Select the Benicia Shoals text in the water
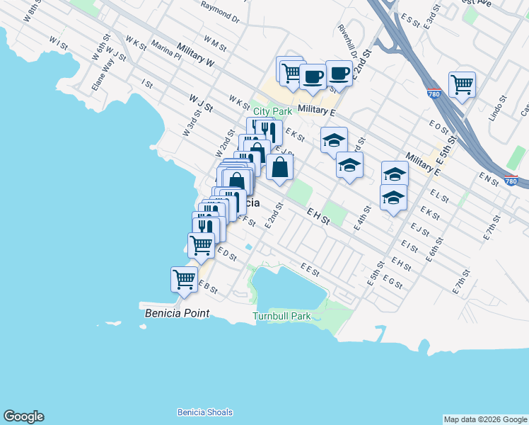click(204, 412)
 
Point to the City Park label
click(272, 111)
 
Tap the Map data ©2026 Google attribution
click(484, 419)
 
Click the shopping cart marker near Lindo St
click(461, 85)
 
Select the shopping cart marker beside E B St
click(184, 279)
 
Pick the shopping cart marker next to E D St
click(201, 245)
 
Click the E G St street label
click(392, 281)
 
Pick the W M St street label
click(214, 44)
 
